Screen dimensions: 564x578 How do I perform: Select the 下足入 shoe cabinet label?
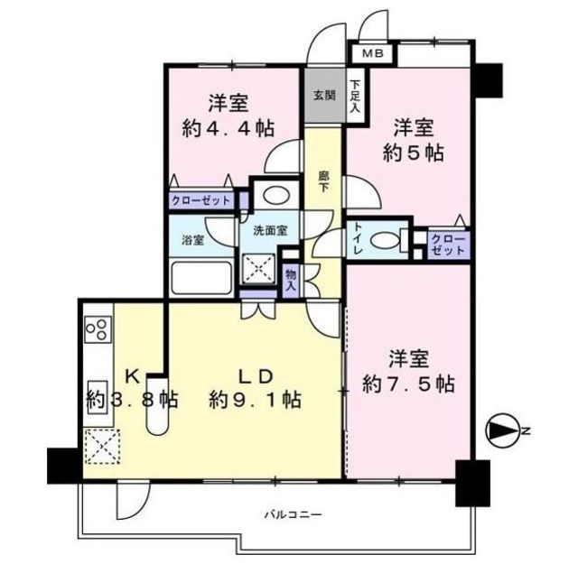[x=355, y=97]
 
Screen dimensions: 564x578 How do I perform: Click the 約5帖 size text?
[x=412, y=153]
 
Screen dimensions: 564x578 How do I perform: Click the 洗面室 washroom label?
[x=270, y=231]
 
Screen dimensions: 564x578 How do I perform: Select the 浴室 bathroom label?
[x=192, y=240]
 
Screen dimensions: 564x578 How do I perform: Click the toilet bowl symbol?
[x=389, y=240]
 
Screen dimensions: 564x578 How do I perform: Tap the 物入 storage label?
[x=291, y=279]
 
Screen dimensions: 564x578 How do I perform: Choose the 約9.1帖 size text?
[x=255, y=398]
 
